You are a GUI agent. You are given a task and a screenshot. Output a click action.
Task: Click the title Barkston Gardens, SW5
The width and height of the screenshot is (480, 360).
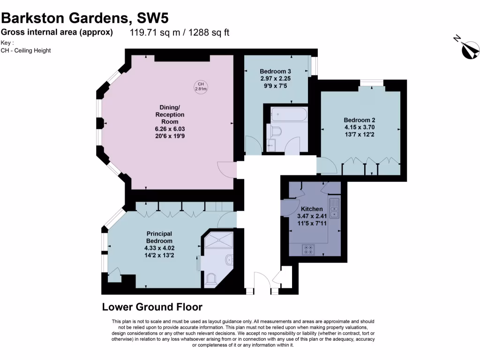point(84,18)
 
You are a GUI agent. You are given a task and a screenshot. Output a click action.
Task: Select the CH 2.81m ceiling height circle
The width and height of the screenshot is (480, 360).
point(201,86)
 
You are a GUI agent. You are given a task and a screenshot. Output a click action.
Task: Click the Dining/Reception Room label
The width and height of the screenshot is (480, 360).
point(170,114)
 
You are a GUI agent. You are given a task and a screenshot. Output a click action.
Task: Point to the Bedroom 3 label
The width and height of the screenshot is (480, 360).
point(276,71)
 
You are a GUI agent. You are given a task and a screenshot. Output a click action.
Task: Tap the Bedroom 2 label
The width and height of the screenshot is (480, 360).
point(359,120)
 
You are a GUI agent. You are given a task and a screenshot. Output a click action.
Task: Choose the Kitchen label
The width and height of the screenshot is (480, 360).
point(312,209)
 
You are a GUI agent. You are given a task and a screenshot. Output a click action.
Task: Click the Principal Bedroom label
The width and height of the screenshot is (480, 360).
point(159,237)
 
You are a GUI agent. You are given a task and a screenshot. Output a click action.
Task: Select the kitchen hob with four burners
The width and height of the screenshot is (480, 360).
point(309,250)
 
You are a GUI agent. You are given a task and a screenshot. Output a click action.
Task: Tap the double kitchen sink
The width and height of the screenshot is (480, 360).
point(334,208)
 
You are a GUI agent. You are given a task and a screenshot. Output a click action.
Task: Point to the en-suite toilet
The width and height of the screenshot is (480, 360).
point(210,279)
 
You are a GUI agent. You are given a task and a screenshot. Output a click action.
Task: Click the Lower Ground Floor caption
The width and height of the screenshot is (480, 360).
point(152,307)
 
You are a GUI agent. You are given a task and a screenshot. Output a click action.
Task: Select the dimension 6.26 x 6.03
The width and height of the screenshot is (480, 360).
point(170,129)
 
